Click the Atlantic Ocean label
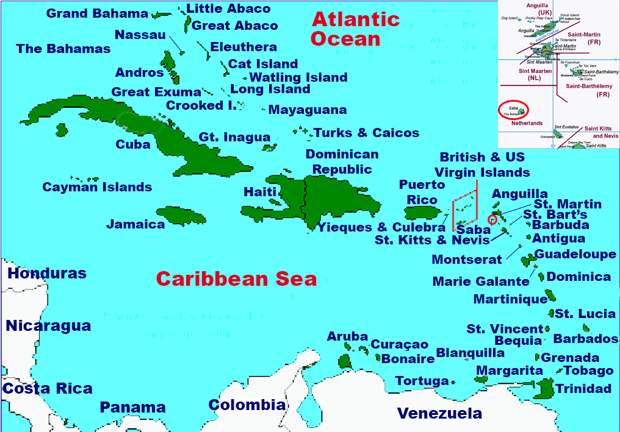(355, 29)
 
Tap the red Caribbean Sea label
(236, 279)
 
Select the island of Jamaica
(182, 216)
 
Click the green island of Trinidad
(545, 388)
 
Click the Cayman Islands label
(97, 187)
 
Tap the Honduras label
(47, 274)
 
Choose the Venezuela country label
(439, 414)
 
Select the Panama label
(132, 407)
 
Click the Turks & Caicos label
(366, 133)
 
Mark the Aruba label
(347, 336)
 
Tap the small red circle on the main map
(492, 219)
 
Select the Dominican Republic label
(342, 161)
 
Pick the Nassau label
(140, 35)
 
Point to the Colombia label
(247, 405)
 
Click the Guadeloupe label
(575, 254)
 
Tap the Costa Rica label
(48, 388)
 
